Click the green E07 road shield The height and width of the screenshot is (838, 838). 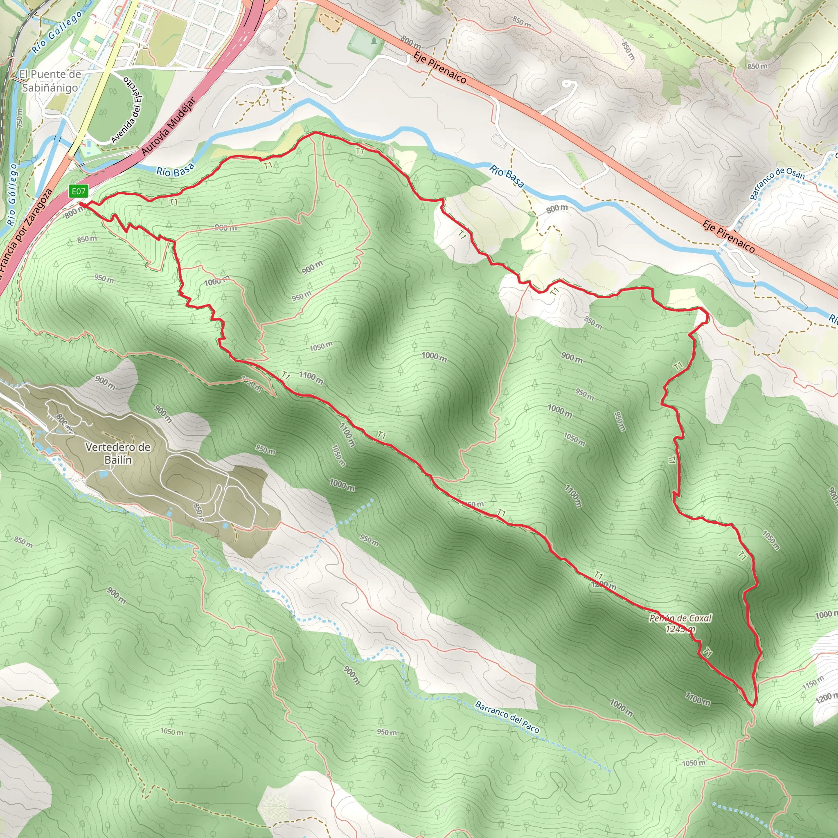(79, 191)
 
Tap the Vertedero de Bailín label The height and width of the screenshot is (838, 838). (118, 453)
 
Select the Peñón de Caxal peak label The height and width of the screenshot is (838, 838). (680, 618)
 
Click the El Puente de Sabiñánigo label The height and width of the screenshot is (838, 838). (50, 81)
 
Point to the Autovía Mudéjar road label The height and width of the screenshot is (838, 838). (169, 127)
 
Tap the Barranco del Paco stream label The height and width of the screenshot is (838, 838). (507, 717)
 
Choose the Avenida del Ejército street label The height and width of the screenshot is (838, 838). (129, 110)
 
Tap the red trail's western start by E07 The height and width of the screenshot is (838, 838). (81, 203)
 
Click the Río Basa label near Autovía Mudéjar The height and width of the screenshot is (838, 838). (175, 171)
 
